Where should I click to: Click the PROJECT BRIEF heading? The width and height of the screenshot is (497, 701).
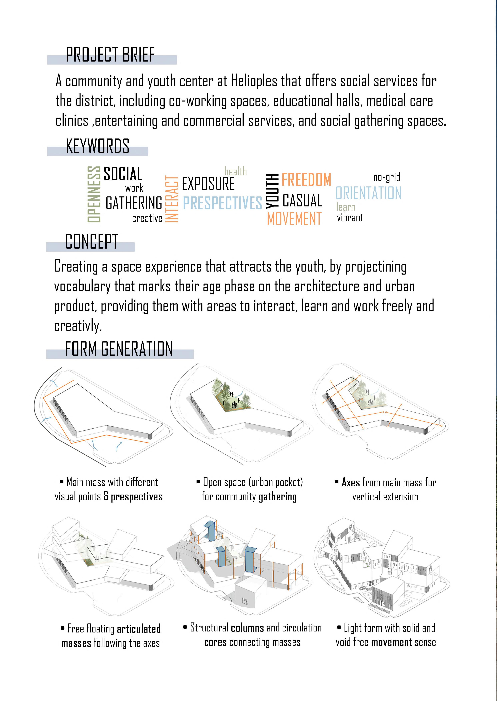110,55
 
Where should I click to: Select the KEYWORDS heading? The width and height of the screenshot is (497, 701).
97,146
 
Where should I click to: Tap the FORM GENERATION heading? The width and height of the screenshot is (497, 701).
119,349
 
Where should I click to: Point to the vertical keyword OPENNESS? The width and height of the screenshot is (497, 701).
94,194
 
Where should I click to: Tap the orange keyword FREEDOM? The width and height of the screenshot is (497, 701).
306,180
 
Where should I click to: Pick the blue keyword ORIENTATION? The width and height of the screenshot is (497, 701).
368,193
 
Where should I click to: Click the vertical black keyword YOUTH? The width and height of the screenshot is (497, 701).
272,191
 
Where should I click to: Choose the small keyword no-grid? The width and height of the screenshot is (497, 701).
387,177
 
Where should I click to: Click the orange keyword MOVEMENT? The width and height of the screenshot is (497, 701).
294,219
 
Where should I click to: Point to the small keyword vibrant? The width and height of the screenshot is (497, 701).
350,218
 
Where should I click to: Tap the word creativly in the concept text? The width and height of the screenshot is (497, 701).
77,326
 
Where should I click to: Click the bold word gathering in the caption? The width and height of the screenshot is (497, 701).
278,497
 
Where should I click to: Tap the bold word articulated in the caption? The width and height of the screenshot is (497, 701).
139,629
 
